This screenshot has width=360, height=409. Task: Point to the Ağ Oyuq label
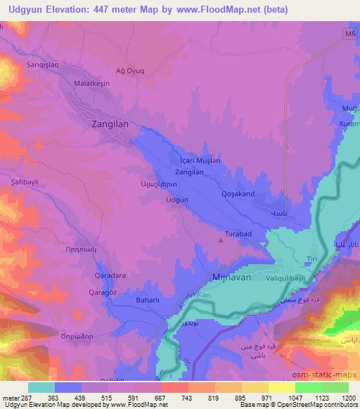(x=130, y=70)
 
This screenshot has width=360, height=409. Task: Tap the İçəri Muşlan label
(x=200, y=160)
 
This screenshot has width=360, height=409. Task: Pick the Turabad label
(x=238, y=233)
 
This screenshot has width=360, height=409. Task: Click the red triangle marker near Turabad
(x=222, y=240)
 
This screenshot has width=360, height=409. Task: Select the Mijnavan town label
(x=231, y=278)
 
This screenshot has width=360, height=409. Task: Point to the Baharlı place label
(x=148, y=301)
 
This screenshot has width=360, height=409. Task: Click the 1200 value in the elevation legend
(x=340, y=398)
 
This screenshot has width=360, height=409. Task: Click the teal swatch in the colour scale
(x=41, y=387)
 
